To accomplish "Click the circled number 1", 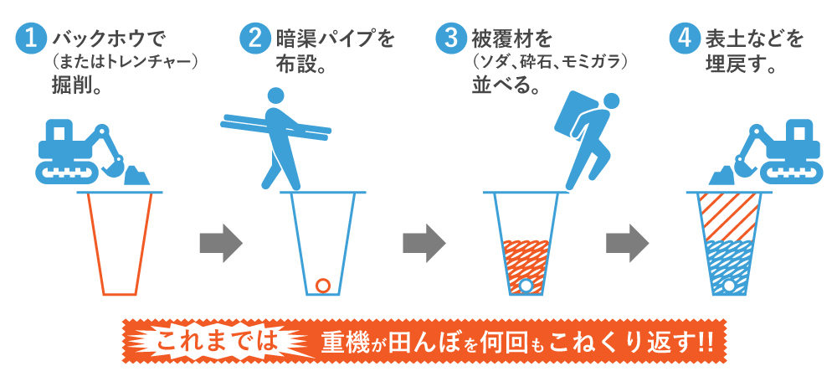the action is pos(32,39).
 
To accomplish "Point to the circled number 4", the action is pos(685,39).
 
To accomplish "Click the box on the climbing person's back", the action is pos(576,115).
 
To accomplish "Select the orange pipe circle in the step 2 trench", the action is pos(322,286).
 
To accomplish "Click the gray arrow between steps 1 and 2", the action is pos(221,244).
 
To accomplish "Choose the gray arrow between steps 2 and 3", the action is pos(424,244).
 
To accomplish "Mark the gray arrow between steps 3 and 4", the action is pos(627,244).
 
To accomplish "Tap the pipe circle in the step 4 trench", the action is pos(729,286).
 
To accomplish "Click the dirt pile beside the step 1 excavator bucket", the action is pos(136,176).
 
